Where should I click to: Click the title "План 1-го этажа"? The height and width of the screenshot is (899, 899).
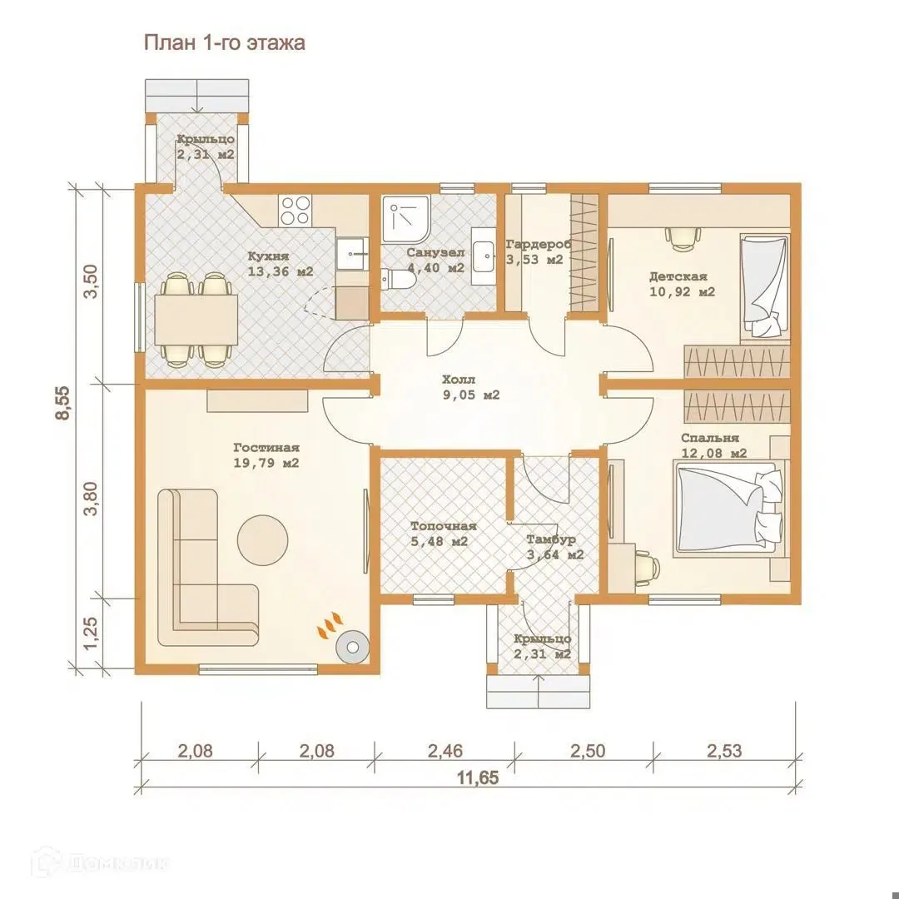224,43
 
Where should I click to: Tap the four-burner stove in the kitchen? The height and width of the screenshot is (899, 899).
296,210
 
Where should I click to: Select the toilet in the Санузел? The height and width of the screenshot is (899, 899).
399,281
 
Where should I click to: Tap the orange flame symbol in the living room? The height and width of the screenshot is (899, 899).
330,625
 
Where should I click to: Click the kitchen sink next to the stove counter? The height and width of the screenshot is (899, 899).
351,253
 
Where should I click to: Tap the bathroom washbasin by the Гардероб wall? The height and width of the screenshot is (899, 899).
484,256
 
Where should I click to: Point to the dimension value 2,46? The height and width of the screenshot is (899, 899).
445,751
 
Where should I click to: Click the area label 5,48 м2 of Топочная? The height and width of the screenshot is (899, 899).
440,541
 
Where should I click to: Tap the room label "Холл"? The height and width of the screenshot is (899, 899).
459,380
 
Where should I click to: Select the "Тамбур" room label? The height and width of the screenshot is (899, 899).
551,539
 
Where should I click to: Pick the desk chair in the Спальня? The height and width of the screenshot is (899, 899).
647,567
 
